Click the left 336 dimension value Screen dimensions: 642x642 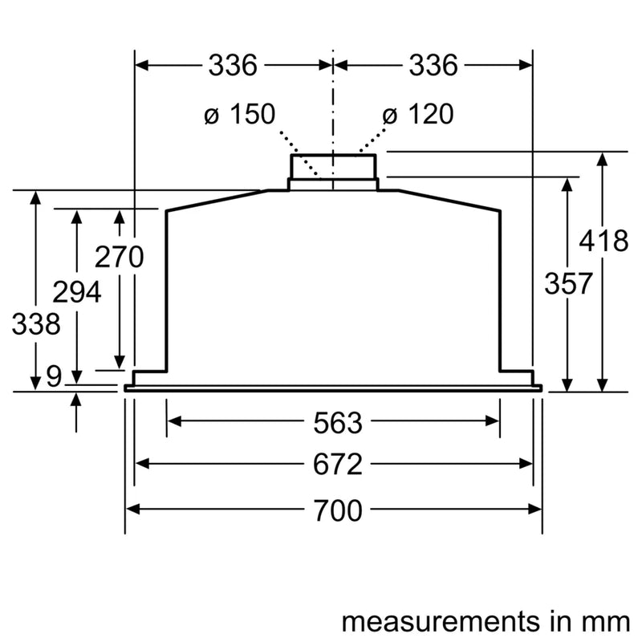[233, 65]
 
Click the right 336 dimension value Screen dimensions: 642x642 [433, 65]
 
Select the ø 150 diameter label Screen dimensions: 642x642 [239, 115]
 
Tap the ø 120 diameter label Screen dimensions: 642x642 [417, 115]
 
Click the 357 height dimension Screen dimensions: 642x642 [568, 283]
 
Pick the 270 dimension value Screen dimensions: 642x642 [119, 258]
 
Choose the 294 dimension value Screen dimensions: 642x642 [76, 292]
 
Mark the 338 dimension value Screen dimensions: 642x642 [35, 325]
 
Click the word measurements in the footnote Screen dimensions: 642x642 [429, 621]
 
